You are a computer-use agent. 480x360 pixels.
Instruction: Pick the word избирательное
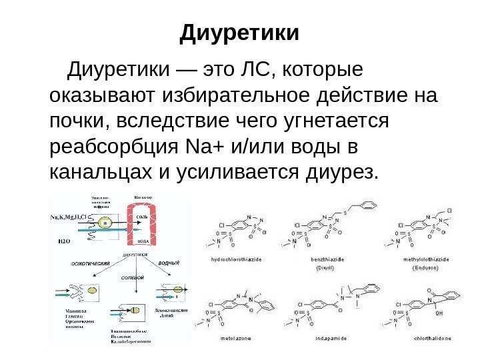tap(233, 95)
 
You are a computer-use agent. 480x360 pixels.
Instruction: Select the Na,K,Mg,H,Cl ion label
tap(69, 217)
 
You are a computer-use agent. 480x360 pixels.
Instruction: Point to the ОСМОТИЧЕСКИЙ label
tap(90, 265)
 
